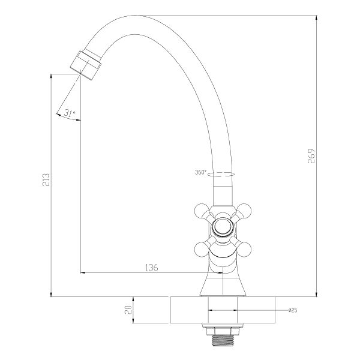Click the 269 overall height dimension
(x=311, y=156)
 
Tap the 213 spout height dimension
(x=46, y=180)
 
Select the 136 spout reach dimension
(x=152, y=268)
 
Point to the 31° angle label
(x=70, y=113)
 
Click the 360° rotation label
(x=200, y=172)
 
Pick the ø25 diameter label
(x=293, y=310)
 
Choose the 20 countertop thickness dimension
(x=128, y=310)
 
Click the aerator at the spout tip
(x=86, y=65)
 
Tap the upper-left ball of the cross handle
(x=201, y=211)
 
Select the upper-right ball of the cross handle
(x=244, y=211)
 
